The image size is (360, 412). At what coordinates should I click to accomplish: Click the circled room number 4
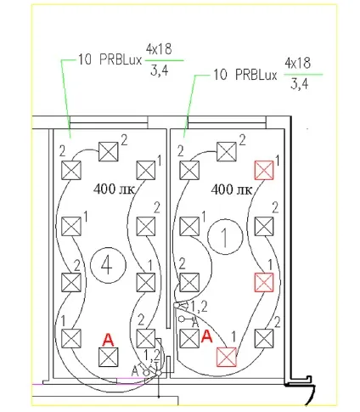tap(108, 265)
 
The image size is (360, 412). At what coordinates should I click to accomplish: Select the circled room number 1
tap(225, 236)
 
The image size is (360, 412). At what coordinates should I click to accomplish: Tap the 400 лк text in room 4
tap(114, 189)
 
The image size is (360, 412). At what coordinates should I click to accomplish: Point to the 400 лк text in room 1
tap(232, 189)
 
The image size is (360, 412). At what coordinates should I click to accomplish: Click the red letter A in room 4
tap(108, 340)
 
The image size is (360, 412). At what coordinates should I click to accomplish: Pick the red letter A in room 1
tap(206, 336)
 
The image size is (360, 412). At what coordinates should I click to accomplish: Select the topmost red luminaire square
tap(264, 170)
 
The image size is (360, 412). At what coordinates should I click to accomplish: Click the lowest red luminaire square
tap(227, 357)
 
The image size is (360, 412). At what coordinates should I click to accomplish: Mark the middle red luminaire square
tap(264, 282)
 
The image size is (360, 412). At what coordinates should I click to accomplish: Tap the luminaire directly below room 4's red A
tap(109, 357)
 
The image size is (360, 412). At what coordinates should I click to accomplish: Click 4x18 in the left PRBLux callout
tap(159, 49)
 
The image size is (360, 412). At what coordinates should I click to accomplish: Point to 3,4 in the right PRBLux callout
tap(300, 84)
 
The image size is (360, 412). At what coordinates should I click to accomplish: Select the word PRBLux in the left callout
tap(121, 59)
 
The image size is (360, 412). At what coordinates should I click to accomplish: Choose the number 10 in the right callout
tap(220, 75)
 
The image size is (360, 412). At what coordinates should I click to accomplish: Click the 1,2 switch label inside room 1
tap(200, 307)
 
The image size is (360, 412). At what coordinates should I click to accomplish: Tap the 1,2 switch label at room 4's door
tap(152, 356)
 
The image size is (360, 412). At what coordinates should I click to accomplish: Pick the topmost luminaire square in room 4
tap(109, 152)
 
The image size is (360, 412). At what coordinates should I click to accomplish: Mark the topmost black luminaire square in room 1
tap(227, 152)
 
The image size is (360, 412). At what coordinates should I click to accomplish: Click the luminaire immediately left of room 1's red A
tap(189, 338)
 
